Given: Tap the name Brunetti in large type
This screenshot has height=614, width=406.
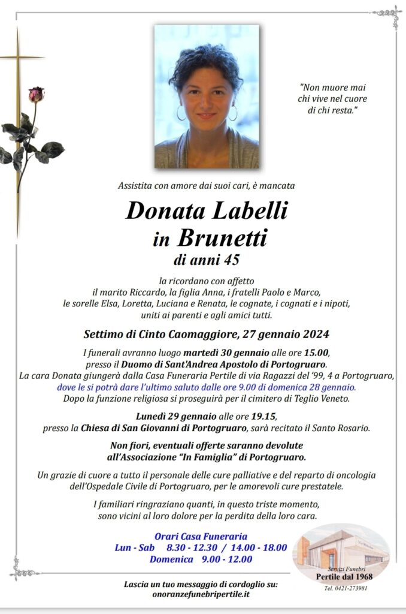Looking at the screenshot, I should click(x=222, y=238).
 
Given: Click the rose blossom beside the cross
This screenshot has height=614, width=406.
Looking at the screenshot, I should click(x=36, y=94).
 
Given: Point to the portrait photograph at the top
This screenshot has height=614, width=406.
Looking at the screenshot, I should click(x=207, y=96).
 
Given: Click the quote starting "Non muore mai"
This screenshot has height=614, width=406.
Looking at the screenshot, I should click(x=333, y=99).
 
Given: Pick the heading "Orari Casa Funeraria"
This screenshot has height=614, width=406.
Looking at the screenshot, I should click(x=201, y=536).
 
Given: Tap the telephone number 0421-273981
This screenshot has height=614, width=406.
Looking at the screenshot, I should click(x=346, y=588).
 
